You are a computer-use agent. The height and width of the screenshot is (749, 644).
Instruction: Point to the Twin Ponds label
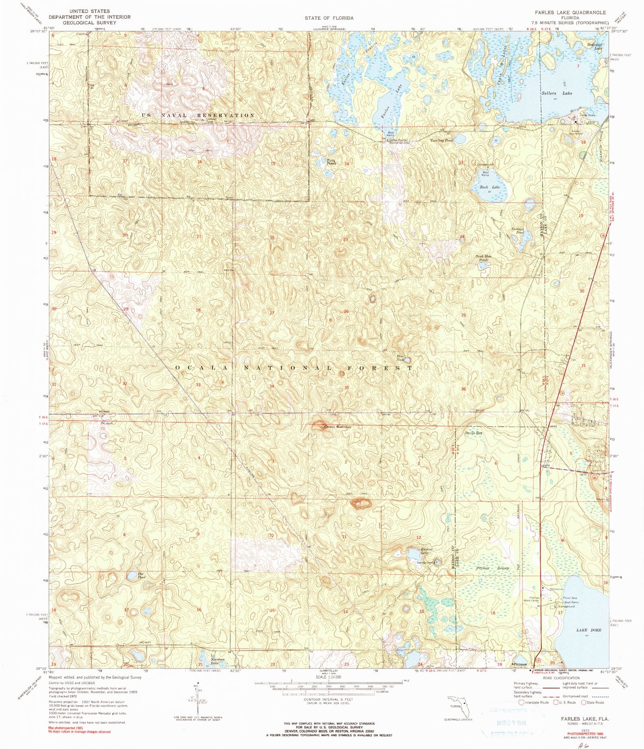coord(332,162)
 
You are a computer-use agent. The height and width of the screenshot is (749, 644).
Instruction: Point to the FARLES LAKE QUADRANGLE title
coord(570,12)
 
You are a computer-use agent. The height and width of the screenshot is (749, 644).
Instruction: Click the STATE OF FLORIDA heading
coord(329,18)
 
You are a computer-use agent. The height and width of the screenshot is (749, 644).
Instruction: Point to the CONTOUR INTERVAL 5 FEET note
coord(329,699)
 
